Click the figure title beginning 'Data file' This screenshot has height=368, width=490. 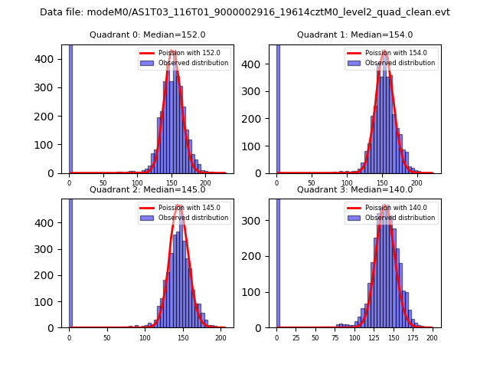(x=245, y=12)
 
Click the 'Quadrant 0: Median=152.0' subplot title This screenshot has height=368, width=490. (x=147, y=34)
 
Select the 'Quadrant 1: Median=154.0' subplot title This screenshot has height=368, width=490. (x=354, y=34)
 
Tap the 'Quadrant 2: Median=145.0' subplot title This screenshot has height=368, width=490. (x=147, y=189)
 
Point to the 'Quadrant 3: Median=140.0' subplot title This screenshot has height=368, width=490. (x=354, y=189)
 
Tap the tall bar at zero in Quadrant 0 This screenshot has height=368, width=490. (x=70, y=107)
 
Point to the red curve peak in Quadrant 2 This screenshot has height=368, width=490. (x=180, y=205)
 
